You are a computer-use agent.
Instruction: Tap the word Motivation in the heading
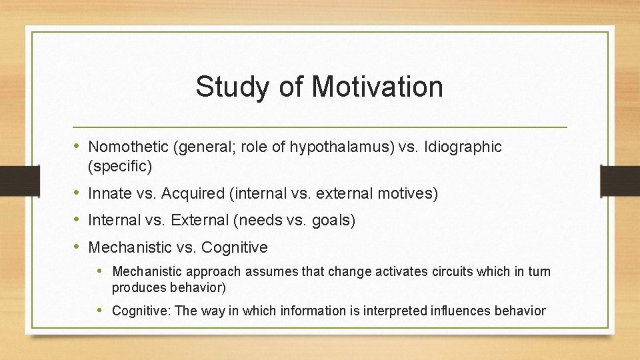pos(377,87)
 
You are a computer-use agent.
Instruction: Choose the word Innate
pos(111,194)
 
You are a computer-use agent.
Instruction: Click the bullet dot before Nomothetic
pos(78,146)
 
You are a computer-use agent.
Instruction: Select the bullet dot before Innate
pos(78,193)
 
